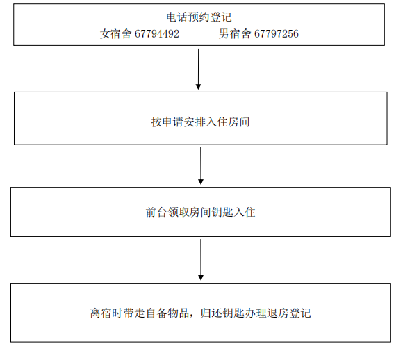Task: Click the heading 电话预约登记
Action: click(199, 17)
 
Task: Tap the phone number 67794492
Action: click(157, 33)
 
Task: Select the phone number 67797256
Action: click(277, 33)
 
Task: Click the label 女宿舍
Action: click(115, 33)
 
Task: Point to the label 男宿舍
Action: click(235, 33)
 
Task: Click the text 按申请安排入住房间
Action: click(201, 122)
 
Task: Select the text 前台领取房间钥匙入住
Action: click(201, 213)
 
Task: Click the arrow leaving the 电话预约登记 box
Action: click(198, 69)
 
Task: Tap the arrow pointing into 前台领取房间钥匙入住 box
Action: click(201, 166)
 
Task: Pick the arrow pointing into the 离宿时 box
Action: click(201, 260)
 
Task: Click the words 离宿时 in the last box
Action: click(106, 313)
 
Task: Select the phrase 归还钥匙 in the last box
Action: click(222, 313)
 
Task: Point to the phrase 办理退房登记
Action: click(278, 313)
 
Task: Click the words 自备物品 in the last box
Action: click(167, 313)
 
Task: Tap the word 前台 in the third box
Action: click(156, 213)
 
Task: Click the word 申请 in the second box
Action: click(173, 122)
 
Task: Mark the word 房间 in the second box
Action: click(239, 122)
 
